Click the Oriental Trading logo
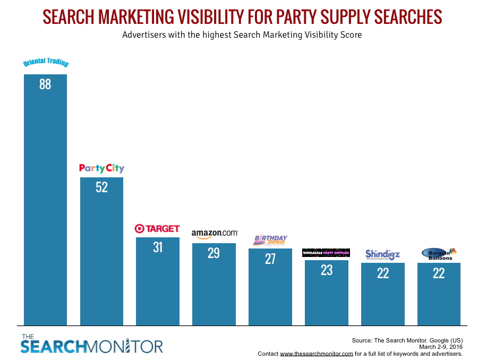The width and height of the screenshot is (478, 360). click(46, 63)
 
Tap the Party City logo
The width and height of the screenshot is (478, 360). click(101, 168)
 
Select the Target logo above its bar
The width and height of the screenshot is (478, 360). click(157, 229)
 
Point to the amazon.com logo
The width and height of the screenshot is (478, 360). click(215, 233)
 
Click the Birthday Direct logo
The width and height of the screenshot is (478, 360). click(270, 240)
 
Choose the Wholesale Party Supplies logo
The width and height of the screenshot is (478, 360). click(326, 253)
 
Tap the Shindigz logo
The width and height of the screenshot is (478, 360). click(382, 254)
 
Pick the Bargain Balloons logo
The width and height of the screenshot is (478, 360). click(439, 254)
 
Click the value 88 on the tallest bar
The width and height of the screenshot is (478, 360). click(45, 84)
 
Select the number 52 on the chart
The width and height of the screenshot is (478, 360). click(101, 187)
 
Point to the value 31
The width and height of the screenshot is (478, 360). click(158, 247)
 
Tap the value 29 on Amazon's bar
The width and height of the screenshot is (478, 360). click(214, 253)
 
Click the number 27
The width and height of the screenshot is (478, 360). click(270, 259)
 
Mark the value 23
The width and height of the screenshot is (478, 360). click(326, 270)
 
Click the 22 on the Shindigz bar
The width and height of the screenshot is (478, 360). click(382, 273)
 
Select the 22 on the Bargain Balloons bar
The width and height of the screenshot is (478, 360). click(439, 273)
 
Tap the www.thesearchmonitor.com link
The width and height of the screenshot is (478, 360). click(317, 354)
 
